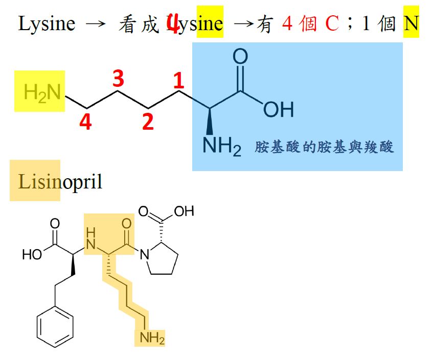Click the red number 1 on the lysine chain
177,81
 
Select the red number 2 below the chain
148,122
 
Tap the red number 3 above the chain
118,79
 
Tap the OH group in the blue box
279,109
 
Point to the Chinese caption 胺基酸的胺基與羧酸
325,148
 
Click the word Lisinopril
60,181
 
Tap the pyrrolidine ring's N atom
144,252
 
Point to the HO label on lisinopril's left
32,254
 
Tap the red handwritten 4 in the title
173,24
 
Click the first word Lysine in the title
47,23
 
